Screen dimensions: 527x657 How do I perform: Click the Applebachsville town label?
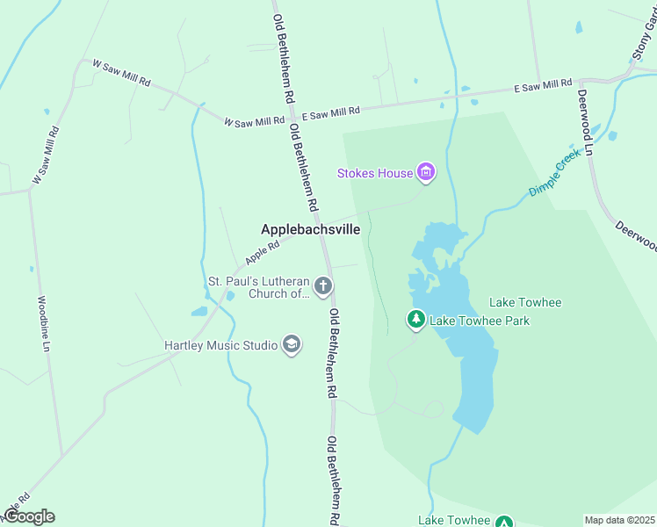[x=310, y=229]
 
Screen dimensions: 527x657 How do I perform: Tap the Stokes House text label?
[x=375, y=173]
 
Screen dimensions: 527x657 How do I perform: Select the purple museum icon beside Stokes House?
[x=426, y=172]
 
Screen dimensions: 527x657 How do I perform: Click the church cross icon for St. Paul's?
[x=323, y=285]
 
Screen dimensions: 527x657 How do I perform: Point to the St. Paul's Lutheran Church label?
[x=257, y=287]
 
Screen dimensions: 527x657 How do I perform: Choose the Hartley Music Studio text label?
[x=221, y=345]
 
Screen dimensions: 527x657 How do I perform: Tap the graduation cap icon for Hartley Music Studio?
[x=292, y=345]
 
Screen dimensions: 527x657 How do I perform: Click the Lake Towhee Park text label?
[x=480, y=321]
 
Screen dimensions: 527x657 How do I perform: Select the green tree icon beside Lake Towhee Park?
[x=415, y=319]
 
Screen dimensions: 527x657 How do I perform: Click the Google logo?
[x=29, y=516]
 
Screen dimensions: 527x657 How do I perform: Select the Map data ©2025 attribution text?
[x=618, y=520]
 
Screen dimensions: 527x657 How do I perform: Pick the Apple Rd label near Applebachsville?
[x=262, y=254]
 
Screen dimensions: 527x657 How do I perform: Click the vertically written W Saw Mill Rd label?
[x=46, y=155]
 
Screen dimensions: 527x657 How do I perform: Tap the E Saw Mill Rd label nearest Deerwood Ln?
[x=543, y=85]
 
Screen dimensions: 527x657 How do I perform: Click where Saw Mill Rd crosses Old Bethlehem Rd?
[x=292, y=116]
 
